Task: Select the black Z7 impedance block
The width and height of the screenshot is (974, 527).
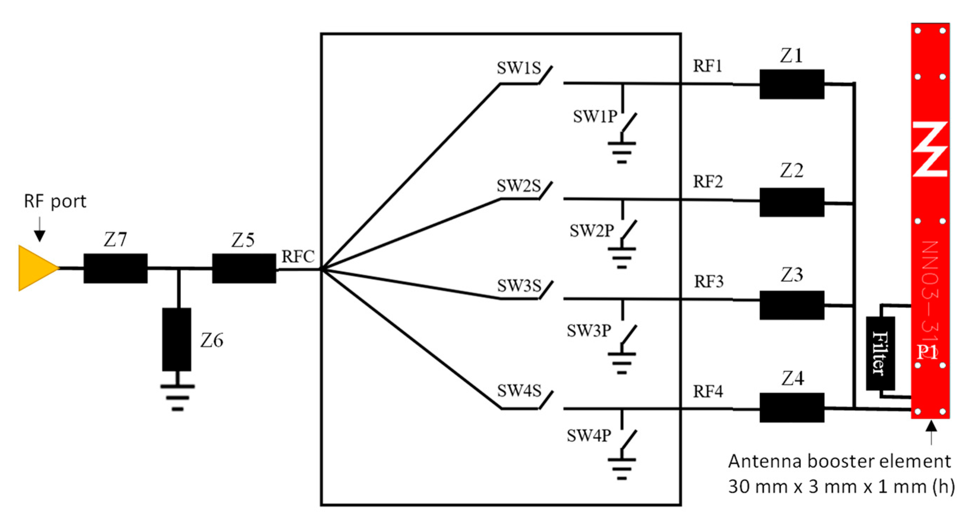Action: click(x=115, y=268)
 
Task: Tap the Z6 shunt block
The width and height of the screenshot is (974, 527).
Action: click(x=177, y=339)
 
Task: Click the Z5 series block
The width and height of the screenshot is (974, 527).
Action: click(x=244, y=268)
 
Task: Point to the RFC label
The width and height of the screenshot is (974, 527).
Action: click(x=298, y=257)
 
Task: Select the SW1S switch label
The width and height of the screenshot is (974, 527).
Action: click(x=519, y=68)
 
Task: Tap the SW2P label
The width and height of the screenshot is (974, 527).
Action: click(x=592, y=231)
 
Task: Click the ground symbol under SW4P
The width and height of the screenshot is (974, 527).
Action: click(x=622, y=469)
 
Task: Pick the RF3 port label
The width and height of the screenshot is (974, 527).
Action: click(x=708, y=281)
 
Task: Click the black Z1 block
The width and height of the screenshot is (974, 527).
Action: click(x=792, y=84)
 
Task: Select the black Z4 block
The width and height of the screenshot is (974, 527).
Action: click(x=792, y=408)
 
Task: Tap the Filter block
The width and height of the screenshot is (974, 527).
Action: click(x=880, y=353)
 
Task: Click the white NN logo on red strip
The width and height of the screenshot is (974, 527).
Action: click(x=930, y=149)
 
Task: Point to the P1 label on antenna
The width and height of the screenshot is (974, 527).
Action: click(x=927, y=352)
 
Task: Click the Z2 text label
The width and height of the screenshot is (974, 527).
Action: click(x=792, y=171)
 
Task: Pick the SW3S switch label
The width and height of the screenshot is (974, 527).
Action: click(x=519, y=286)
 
